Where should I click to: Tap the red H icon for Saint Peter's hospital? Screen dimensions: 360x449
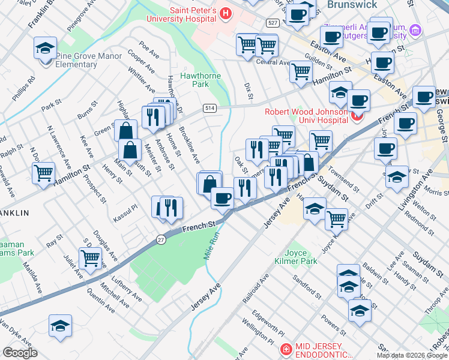tap(226, 12)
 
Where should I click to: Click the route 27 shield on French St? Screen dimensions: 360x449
tap(160, 239)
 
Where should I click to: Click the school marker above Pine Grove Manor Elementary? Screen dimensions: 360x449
tap(44, 49)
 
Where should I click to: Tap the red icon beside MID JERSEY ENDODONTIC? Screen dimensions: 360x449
tap(286, 349)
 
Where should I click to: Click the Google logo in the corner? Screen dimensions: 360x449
tap(20, 353)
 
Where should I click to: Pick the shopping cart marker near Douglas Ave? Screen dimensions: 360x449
tap(90, 259)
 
